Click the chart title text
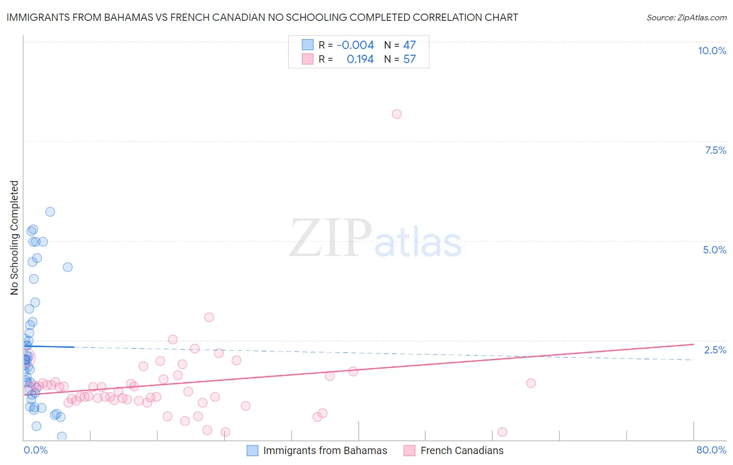pyautogui.click(x=262, y=17)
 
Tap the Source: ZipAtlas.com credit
pyautogui.click(x=686, y=17)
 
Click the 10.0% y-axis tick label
pyautogui.click(x=712, y=51)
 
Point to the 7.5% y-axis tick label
pyautogui.click(x=715, y=150)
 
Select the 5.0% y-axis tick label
pyautogui.click(x=714, y=250)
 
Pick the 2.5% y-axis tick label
pyautogui.click(x=715, y=350)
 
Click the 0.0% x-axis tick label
pyautogui.click(x=35, y=450)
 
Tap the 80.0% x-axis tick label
pyautogui.click(x=711, y=450)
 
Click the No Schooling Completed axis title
pyautogui.click(x=15, y=238)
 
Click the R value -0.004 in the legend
pyautogui.click(x=355, y=45)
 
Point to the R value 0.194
pyautogui.click(x=360, y=59)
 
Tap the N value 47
pyautogui.click(x=409, y=45)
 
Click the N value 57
pyautogui.click(x=409, y=59)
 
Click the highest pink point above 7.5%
pyautogui.click(x=397, y=114)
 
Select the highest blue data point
pyautogui.click(x=50, y=212)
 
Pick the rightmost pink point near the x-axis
pyautogui.click(x=502, y=432)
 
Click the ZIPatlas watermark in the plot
pyautogui.click(x=375, y=239)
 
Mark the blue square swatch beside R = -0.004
pyautogui.click(x=308, y=45)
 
